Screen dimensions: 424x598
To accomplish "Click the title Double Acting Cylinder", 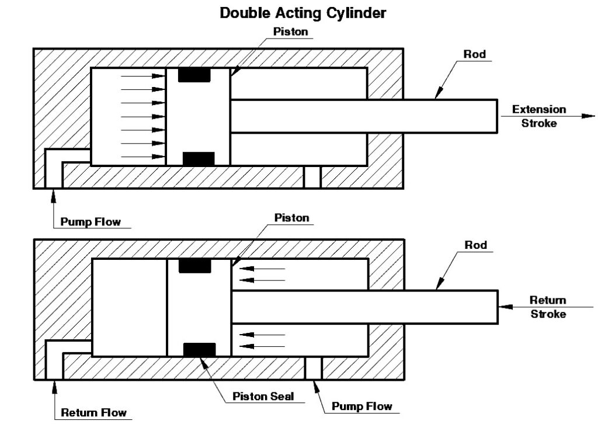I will click(x=303, y=13).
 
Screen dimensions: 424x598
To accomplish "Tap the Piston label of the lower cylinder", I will click(x=291, y=218).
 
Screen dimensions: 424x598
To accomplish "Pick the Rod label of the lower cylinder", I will click(x=476, y=245).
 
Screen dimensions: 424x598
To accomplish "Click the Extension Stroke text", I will click(x=539, y=116).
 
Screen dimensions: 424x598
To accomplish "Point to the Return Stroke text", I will click(x=548, y=307).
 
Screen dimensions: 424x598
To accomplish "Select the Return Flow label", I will click(x=94, y=412).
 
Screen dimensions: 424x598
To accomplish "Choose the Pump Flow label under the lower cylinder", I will click(x=361, y=406).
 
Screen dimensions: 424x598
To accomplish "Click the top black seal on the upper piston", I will click(x=195, y=75).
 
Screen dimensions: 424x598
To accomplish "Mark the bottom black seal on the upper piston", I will click(x=199, y=158).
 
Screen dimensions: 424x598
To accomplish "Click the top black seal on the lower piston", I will click(x=195, y=266).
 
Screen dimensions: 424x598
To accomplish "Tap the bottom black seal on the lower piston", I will click(x=199, y=349).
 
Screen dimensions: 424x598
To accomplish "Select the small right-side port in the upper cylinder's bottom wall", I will click(x=312, y=177).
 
